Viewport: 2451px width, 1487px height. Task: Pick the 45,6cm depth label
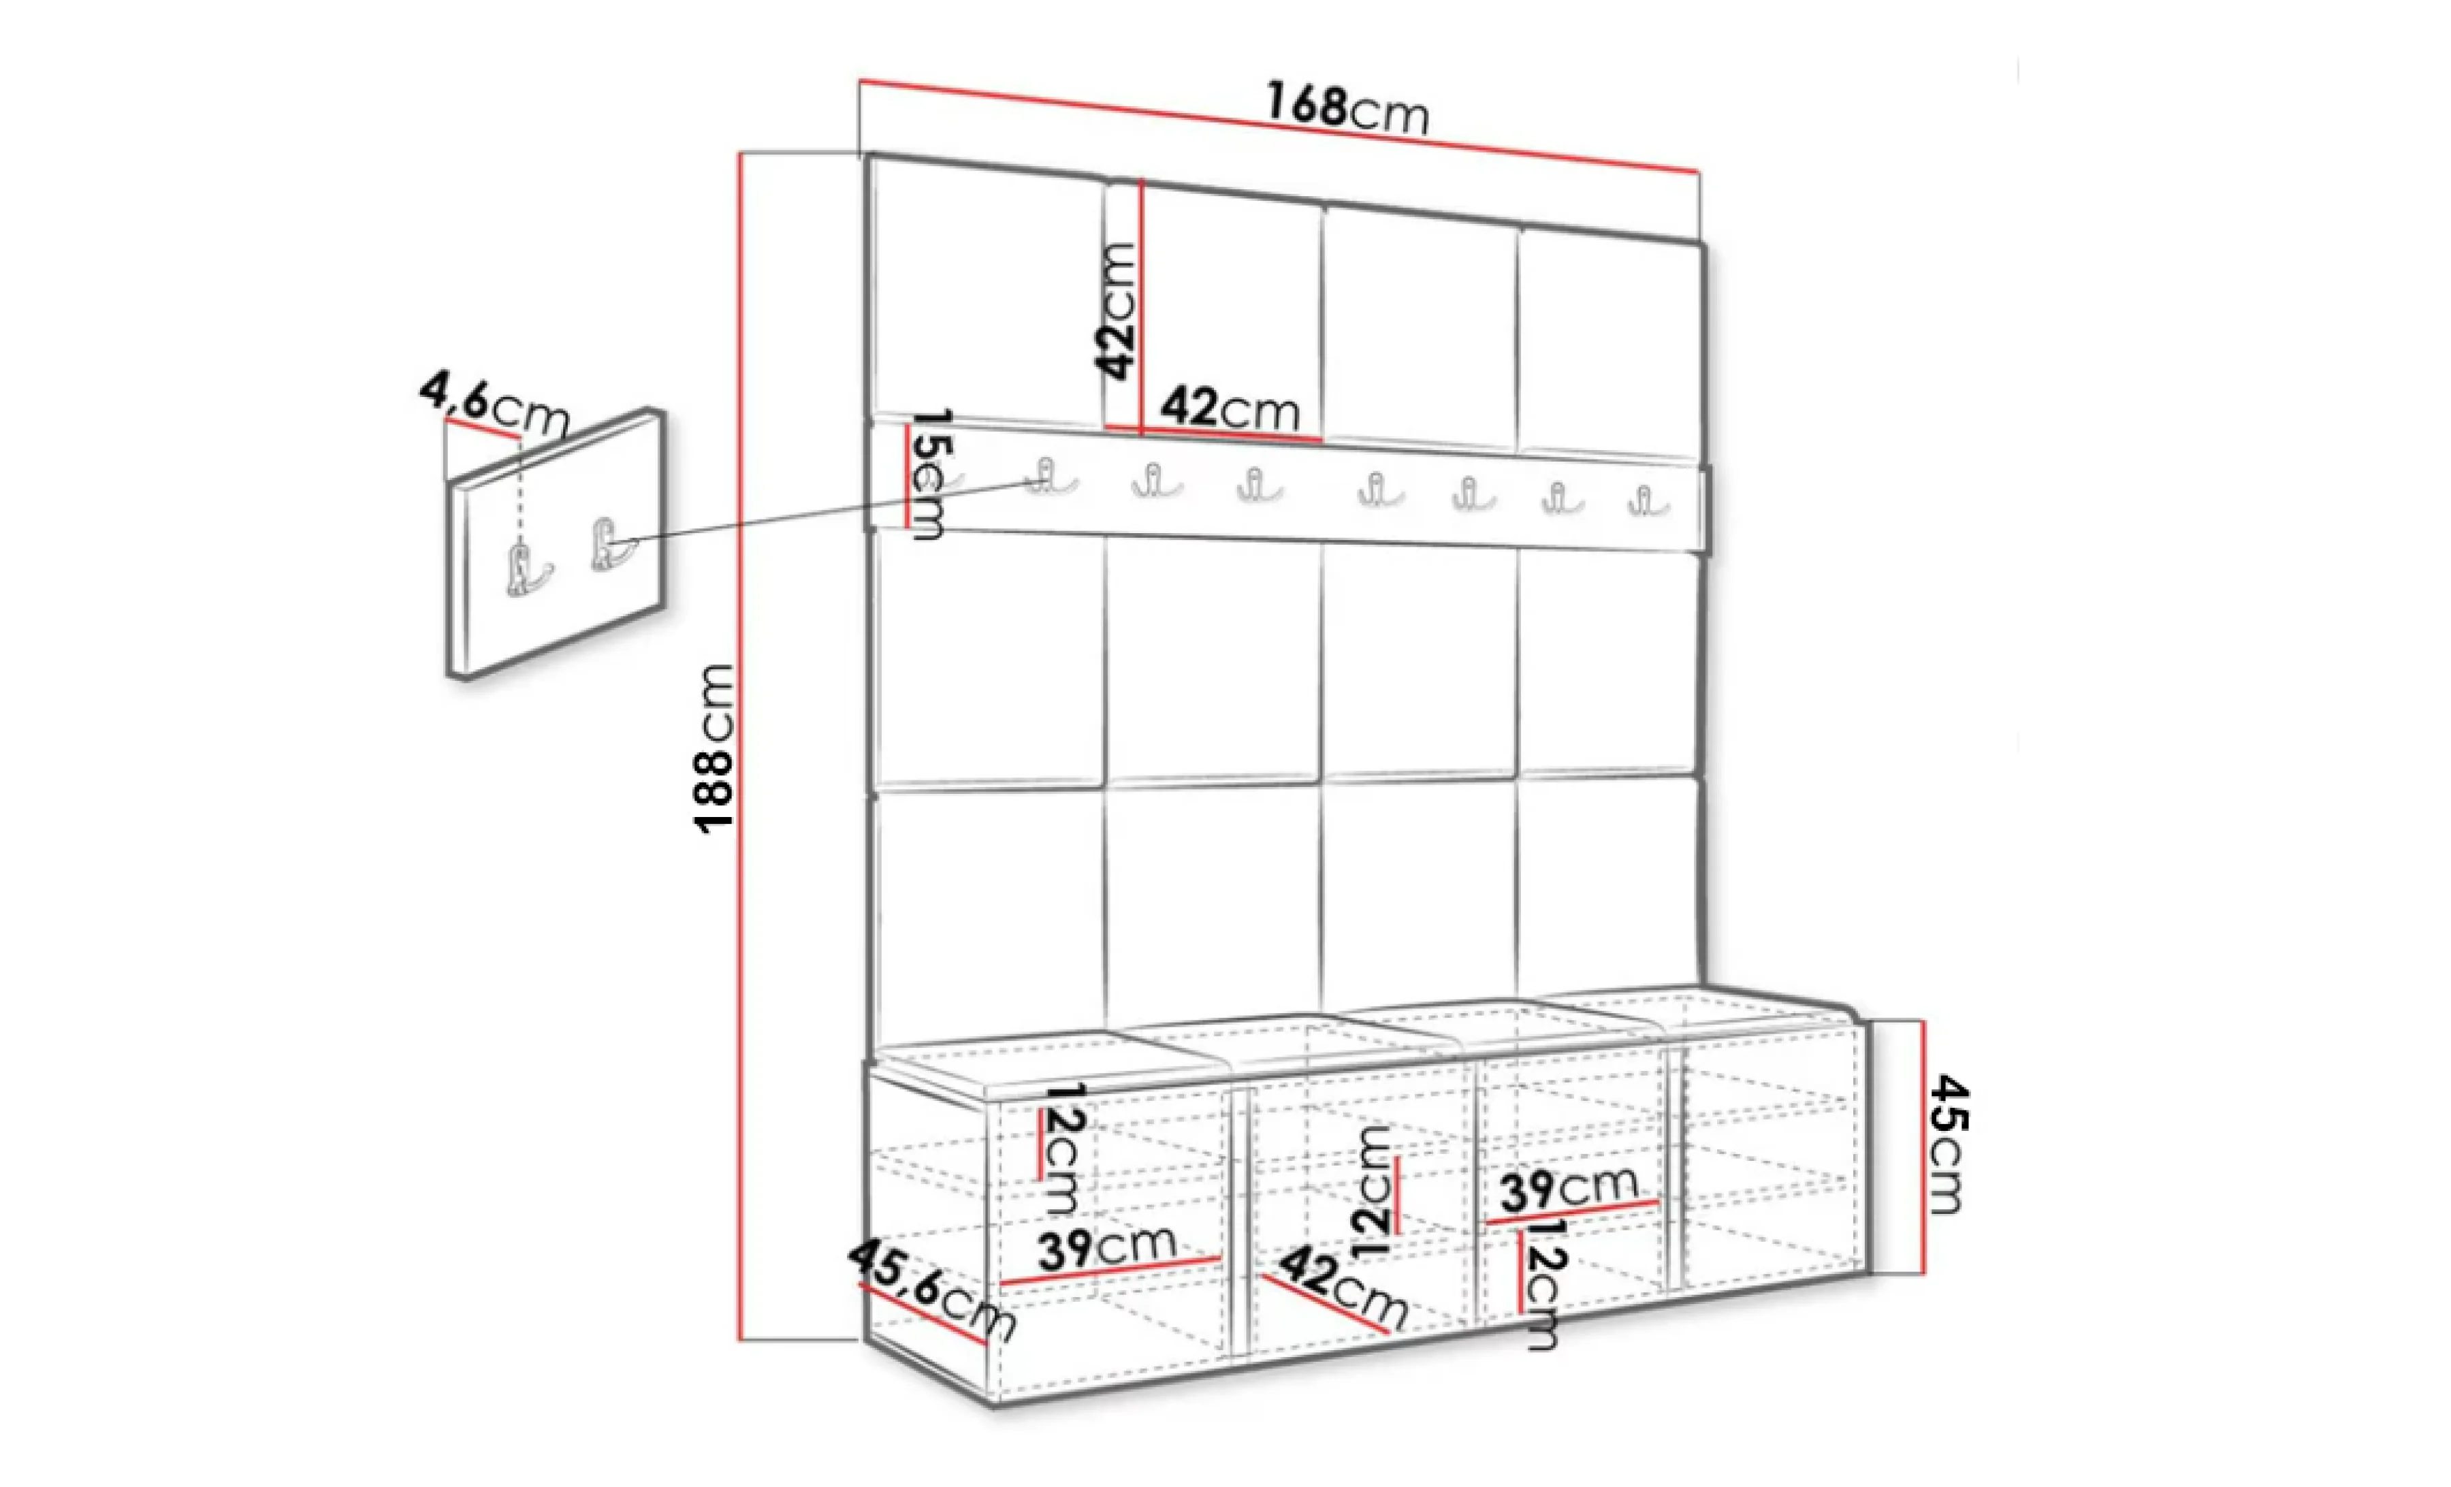(932, 1290)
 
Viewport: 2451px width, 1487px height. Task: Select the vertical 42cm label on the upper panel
(1115, 311)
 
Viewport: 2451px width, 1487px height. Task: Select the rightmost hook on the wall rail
(1644, 500)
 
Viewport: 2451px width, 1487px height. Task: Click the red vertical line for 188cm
(741, 747)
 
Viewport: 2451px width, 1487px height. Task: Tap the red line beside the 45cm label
(1924, 1147)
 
